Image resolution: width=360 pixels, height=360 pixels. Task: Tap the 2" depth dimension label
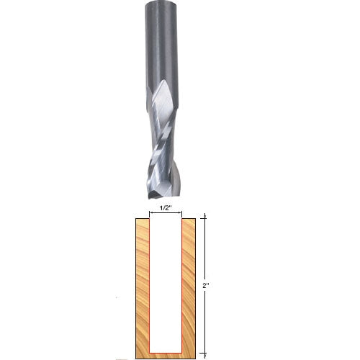click(x=206, y=287)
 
